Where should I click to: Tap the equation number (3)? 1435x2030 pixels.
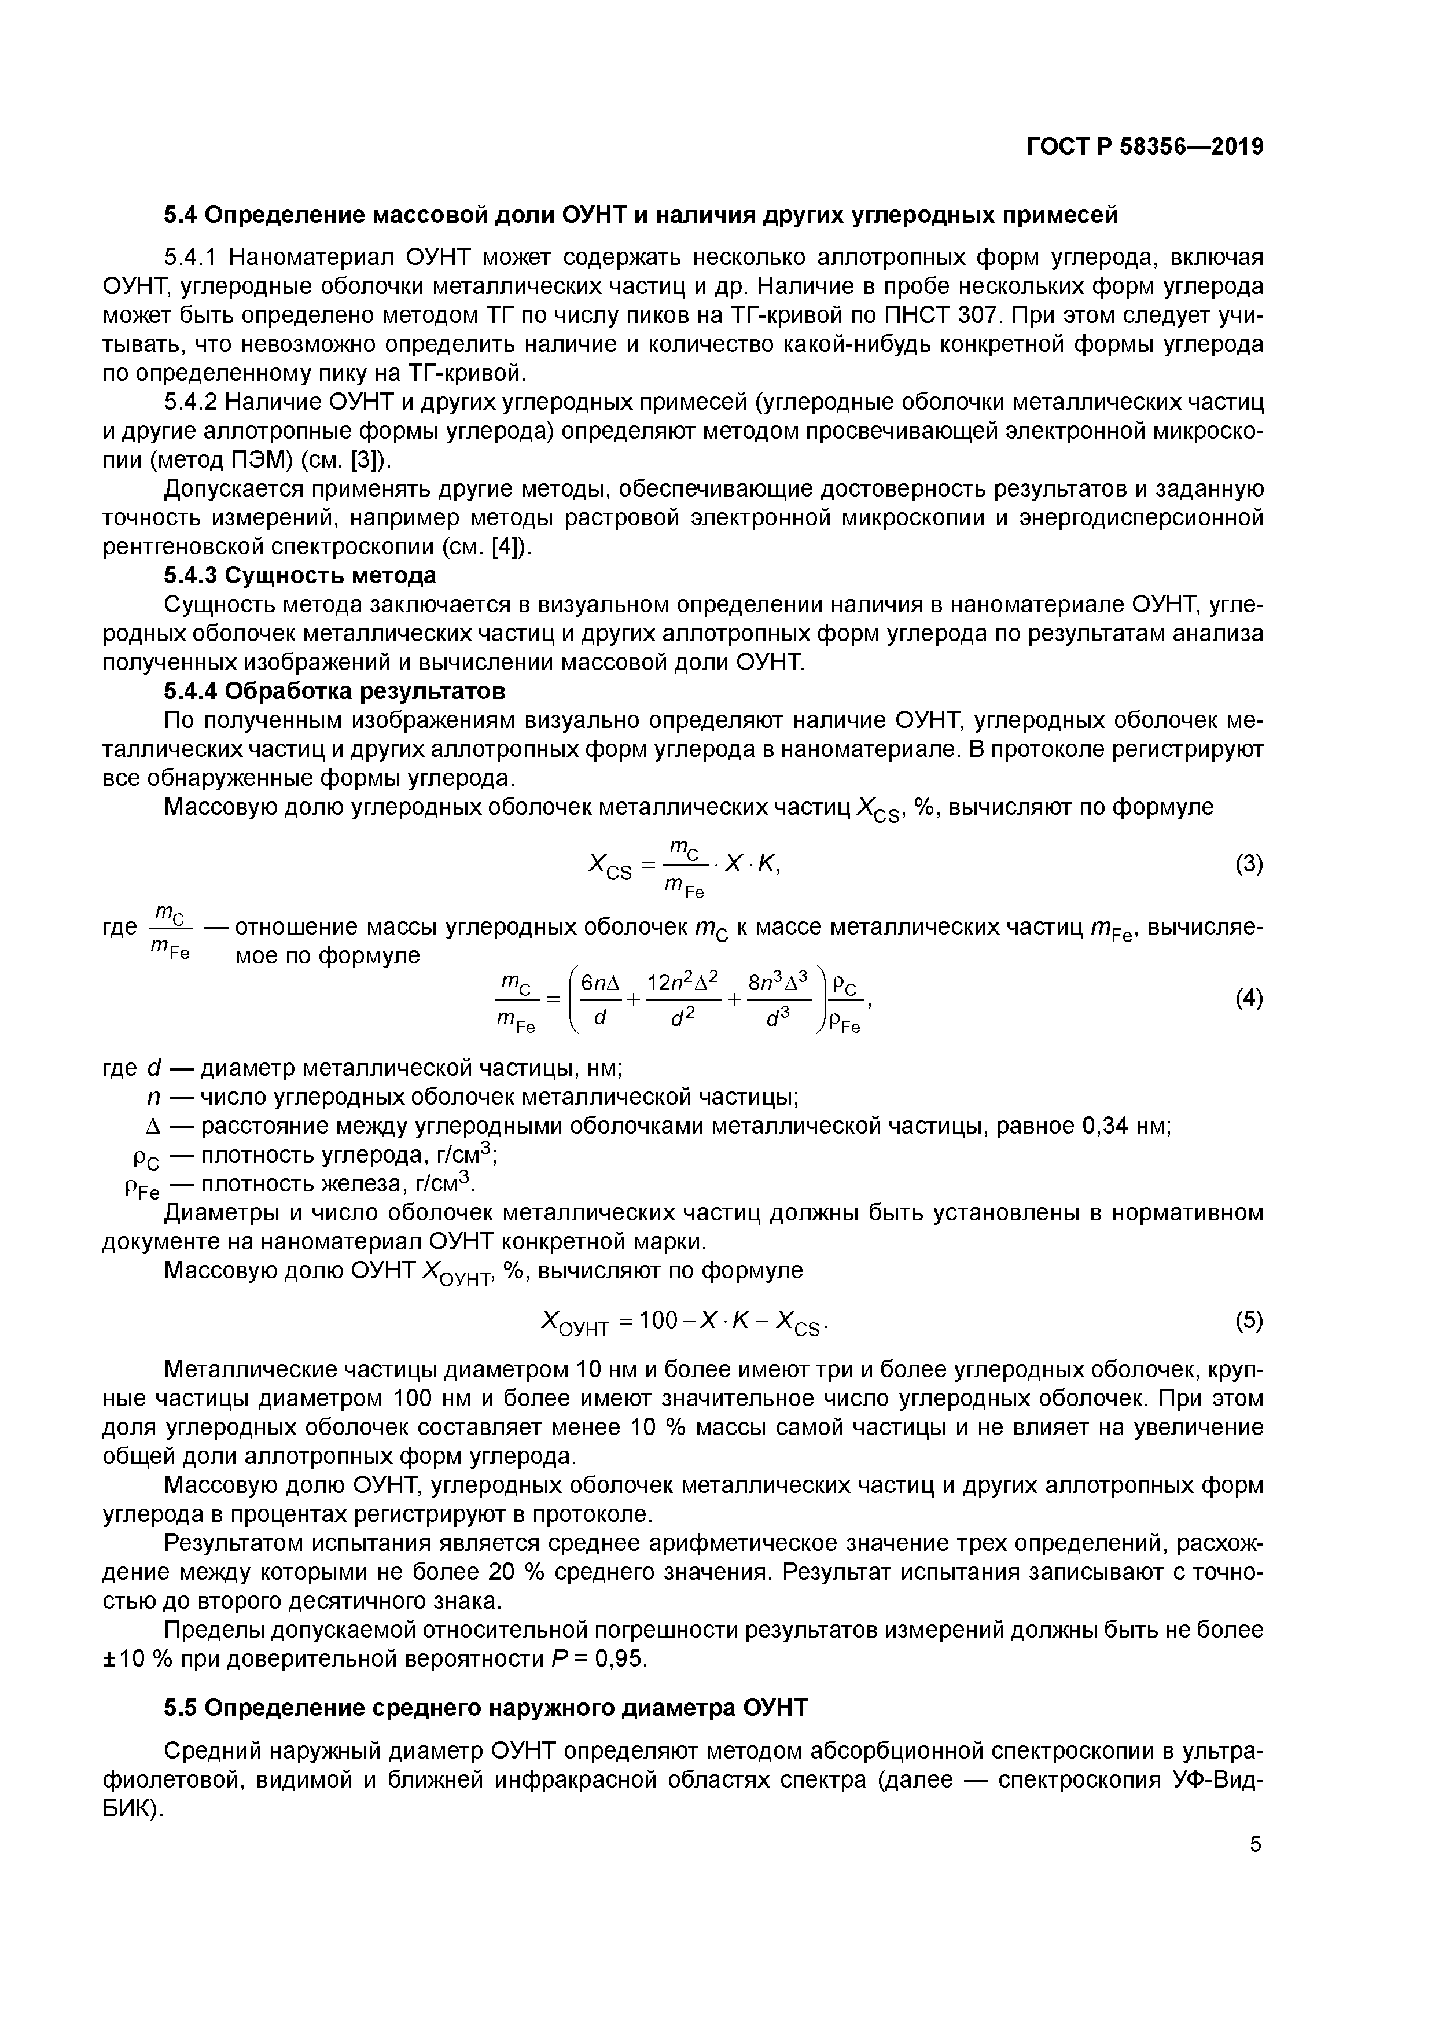tap(1249, 864)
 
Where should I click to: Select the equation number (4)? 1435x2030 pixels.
tap(1249, 999)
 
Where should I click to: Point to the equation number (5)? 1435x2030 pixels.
tap(1249, 1321)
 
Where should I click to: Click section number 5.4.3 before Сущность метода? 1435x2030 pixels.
tap(190, 576)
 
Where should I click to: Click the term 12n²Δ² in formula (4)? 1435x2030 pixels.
tap(683, 982)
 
